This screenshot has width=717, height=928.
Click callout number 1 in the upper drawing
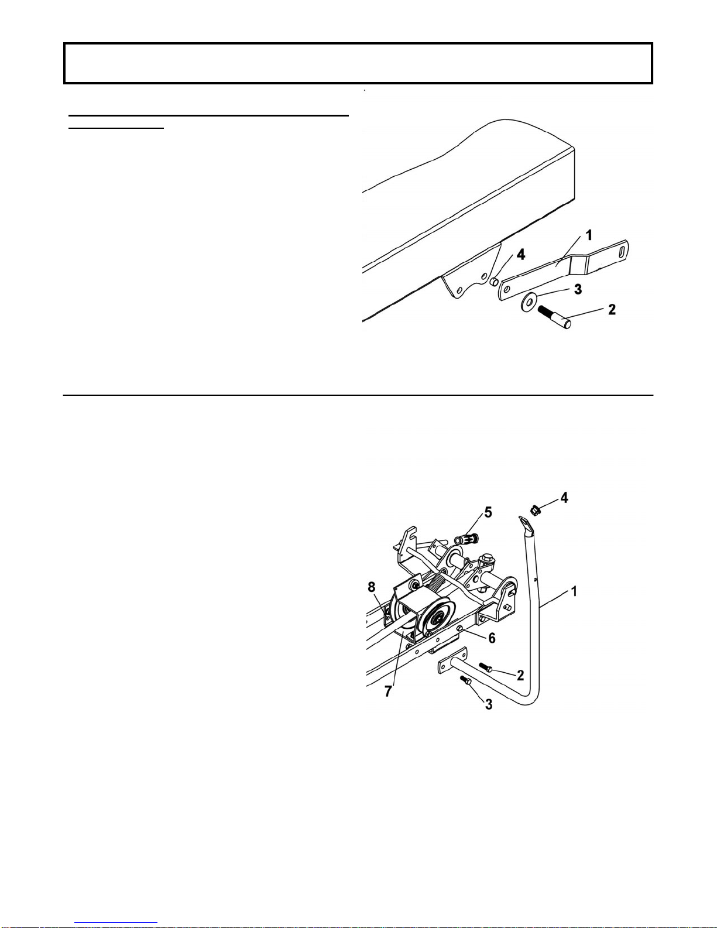[x=589, y=235]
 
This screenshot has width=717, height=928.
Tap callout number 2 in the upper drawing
[x=612, y=309]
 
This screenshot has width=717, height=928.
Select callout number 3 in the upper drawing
[x=578, y=289]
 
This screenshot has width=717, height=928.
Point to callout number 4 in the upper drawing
[x=520, y=255]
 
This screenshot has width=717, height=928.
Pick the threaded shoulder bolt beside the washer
[x=554, y=315]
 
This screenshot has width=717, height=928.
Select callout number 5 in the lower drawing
[x=488, y=512]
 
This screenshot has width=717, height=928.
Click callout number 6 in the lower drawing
[x=492, y=638]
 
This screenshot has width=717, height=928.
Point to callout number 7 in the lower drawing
[x=388, y=691]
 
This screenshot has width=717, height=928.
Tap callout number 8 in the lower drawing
[x=372, y=587]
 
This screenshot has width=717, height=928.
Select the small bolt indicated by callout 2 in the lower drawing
[x=486, y=667]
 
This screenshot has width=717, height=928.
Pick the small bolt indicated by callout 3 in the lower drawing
[x=466, y=681]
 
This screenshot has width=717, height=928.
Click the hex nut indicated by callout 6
[x=461, y=629]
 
